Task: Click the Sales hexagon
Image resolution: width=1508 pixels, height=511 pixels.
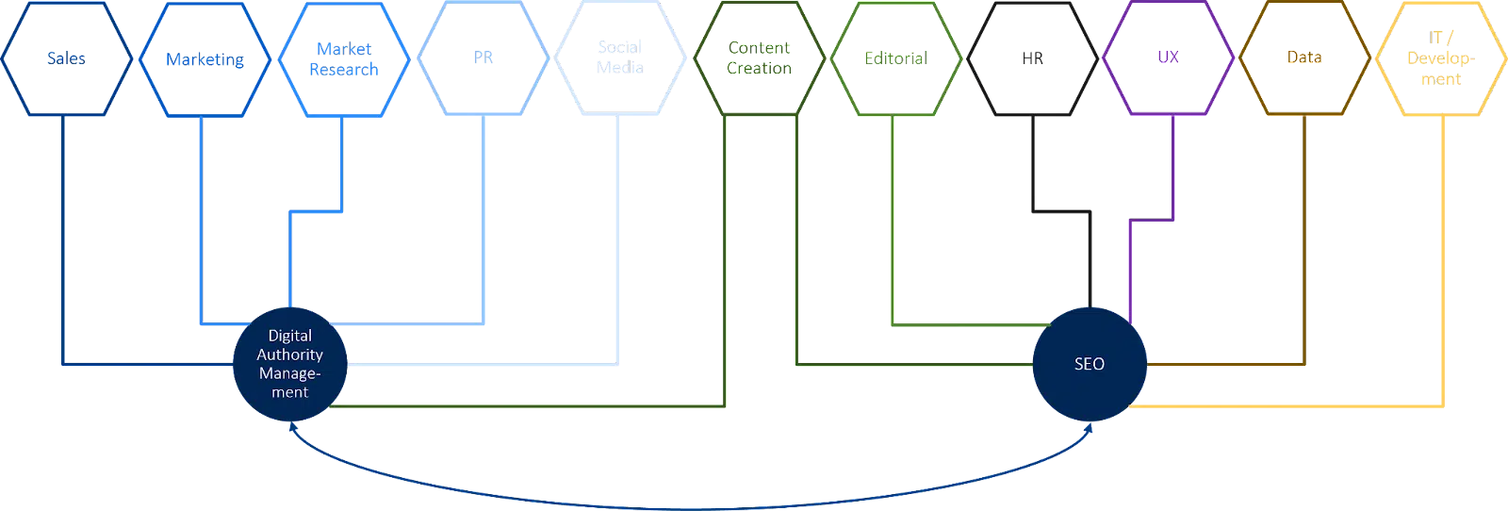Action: (x=66, y=58)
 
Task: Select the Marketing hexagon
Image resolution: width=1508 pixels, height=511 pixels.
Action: (x=205, y=58)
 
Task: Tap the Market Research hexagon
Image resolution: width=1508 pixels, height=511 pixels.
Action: (x=343, y=58)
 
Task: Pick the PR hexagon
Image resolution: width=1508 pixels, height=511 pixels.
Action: (x=482, y=58)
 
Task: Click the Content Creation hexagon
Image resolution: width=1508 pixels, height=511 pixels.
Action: (x=759, y=58)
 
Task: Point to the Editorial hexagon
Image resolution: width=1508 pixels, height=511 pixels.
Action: (x=895, y=58)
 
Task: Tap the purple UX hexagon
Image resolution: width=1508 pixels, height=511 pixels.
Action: (x=1170, y=58)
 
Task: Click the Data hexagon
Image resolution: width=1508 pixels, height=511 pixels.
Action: (x=1305, y=58)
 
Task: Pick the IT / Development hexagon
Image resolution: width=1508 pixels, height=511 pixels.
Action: (x=1443, y=58)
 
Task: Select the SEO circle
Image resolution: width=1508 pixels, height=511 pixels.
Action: (x=1090, y=364)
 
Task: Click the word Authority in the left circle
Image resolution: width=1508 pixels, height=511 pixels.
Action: (x=290, y=354)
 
